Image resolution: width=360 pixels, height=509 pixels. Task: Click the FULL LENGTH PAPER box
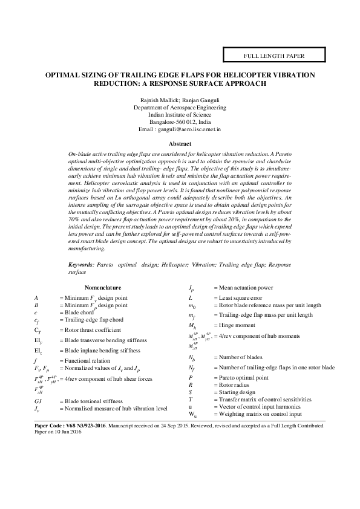pos(273,56)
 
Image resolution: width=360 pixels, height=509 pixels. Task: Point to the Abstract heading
pos(180,144)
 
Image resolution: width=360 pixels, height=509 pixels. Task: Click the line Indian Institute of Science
pos(180,114)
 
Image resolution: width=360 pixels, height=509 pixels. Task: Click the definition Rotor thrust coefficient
pos(89,330)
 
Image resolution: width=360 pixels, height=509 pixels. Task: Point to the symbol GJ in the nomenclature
pos(38,401)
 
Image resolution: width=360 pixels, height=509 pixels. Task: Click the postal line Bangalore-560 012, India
pos(180,121)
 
